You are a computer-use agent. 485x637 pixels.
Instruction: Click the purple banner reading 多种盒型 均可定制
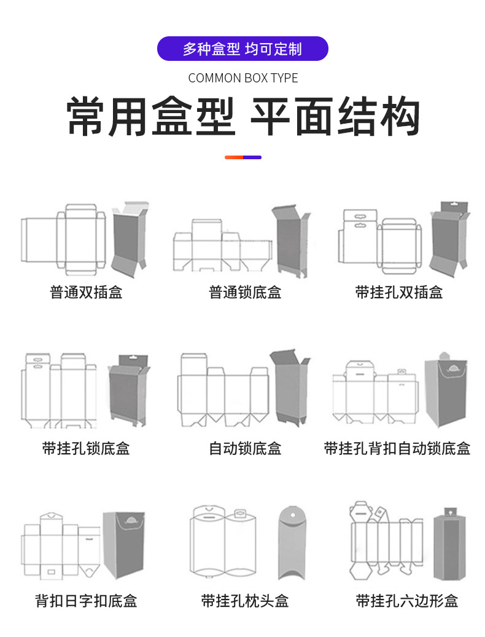(x=243, y=49)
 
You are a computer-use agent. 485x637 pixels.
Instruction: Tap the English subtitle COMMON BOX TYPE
(x=243, y=78)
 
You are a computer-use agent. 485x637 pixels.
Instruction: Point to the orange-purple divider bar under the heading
(x=243, y=157)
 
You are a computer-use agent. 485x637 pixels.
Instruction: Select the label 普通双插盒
(x=86, y=292)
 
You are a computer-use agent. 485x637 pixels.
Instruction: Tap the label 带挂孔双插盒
(x=399, y=292)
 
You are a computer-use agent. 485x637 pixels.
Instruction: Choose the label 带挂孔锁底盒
(x=86, y=448)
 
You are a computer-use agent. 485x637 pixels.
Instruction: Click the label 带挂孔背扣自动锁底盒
(x=397, y=448)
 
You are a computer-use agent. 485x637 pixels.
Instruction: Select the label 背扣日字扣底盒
(x=86, y=600)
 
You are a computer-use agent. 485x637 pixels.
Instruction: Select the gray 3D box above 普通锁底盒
(x=290, y=241)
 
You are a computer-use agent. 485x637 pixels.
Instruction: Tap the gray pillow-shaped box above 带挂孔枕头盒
(x=291, y=542)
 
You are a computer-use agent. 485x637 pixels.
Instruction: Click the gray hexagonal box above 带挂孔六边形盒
(x=449, y=545)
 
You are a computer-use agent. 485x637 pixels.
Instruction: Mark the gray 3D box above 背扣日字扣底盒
(x=124, y=544)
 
